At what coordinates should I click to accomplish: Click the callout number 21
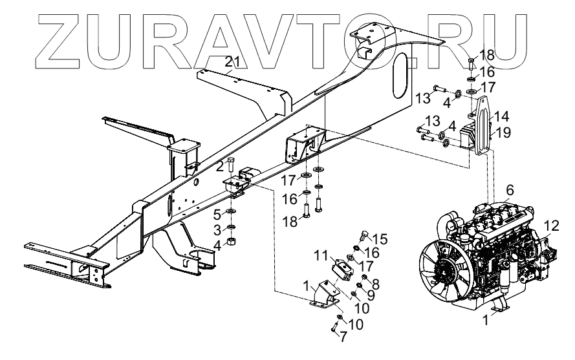tap(232, 62)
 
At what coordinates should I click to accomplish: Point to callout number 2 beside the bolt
tap(220, 165)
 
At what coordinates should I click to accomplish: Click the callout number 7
tap(343, 337)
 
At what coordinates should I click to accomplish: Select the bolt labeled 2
tap(232, 167)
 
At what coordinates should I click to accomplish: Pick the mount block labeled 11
tap(344, 271)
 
